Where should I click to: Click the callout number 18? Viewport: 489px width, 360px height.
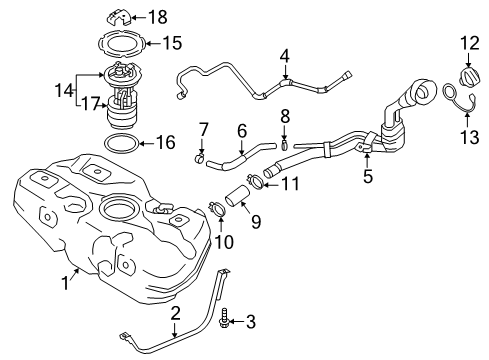tap(159, 18)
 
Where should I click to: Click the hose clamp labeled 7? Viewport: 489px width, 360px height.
tap(200, 158)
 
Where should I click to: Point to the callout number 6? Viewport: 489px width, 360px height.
tap(240, 130)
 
